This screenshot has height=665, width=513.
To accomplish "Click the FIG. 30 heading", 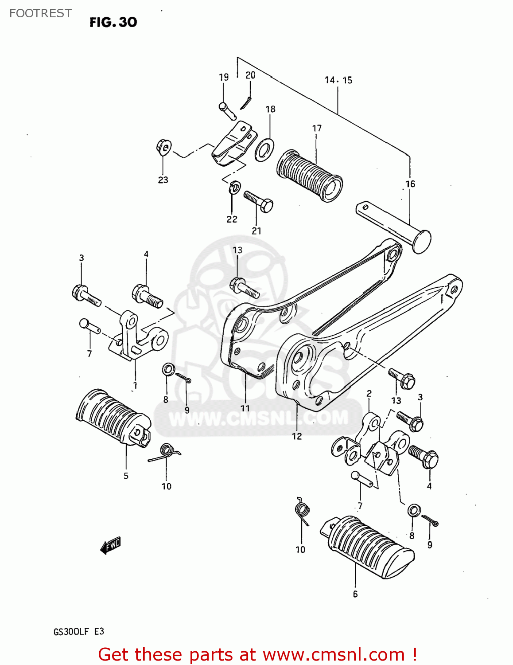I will (x=113, y=22).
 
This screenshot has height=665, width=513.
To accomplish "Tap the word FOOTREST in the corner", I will (x=40, y=13).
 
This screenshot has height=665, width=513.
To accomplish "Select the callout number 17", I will (x=317, y=128).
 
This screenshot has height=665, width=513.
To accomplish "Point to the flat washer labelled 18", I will (x=264, y=150).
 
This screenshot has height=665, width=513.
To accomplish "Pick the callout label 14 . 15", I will (x=338, y=80).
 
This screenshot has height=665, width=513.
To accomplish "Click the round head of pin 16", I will (x=421, y=242).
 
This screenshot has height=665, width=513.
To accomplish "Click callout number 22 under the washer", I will (x=232, y=219).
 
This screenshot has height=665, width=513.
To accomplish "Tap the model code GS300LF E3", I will (x=79, y=632).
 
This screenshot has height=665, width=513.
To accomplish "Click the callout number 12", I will (x=297, y=436).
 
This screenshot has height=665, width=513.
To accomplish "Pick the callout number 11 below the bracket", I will (x=245, y=408).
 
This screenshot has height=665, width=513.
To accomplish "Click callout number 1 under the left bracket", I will (x=135, y=385).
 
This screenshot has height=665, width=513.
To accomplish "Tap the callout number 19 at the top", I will (x=224, y=77).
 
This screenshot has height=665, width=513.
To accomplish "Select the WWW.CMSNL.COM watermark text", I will (x=259, y=418).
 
